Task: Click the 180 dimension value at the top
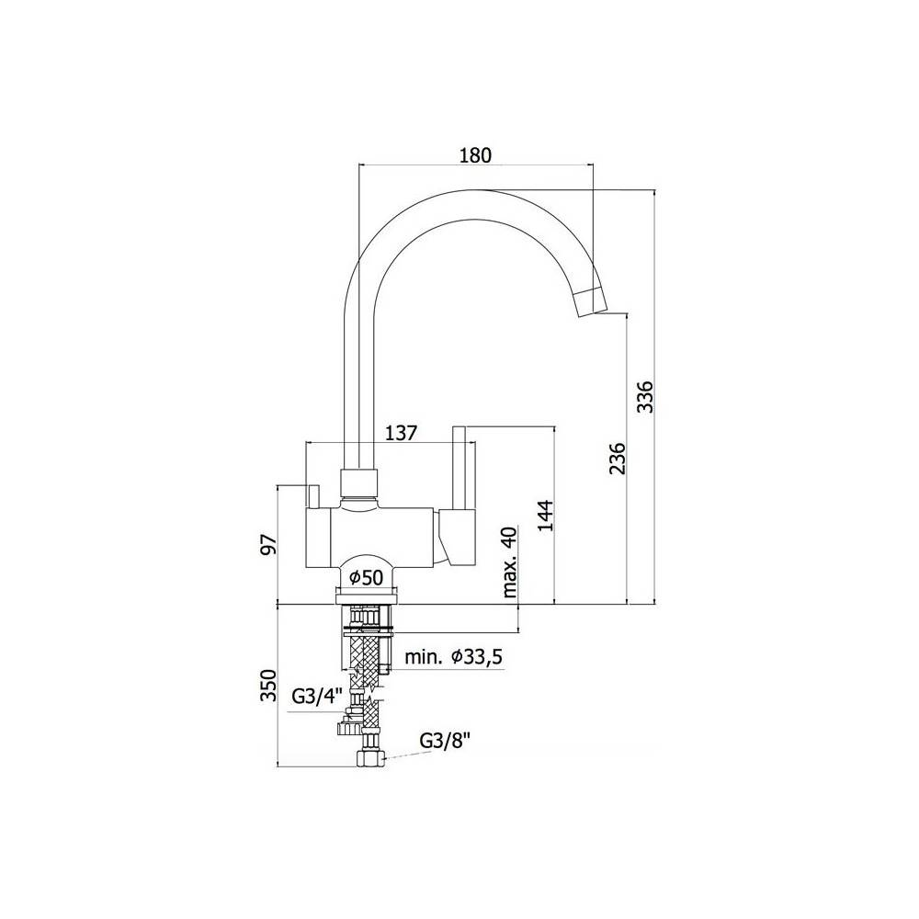[x=475, y=154]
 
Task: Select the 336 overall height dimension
[x=644, y=397]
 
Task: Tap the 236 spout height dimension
[x=618, y=459]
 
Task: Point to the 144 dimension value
[x=545, y=516]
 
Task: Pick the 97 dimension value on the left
[x=268, y=544]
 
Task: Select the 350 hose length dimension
[x=268, y=685]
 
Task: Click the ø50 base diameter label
[x=367, y=578]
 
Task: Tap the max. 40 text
[x=510, y=562]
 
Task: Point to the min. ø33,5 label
[x=454, y=657]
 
